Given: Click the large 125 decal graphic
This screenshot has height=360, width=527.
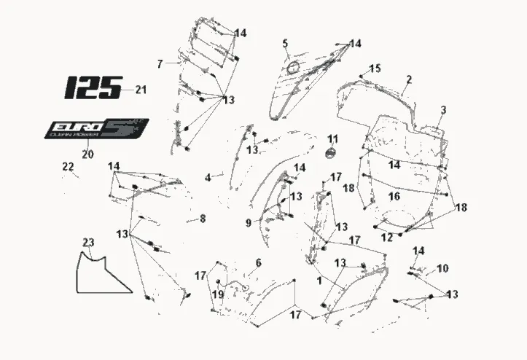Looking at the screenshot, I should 93,87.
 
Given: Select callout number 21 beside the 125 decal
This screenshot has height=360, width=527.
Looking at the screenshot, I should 141,90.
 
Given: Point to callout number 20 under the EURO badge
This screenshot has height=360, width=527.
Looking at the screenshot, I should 87,154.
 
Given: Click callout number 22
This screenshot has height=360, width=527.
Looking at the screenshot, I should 68,168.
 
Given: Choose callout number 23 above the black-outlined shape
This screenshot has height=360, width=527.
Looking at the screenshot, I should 88,242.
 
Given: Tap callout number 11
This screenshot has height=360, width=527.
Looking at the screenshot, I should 332,139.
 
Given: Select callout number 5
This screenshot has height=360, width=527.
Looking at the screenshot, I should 286,44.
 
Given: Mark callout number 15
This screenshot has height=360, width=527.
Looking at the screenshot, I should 375,69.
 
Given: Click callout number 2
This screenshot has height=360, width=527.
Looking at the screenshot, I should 409,79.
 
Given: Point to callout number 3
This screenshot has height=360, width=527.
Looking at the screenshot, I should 443,110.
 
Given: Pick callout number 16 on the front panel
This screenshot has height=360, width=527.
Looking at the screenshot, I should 394,196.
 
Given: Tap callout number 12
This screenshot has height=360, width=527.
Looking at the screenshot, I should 386,237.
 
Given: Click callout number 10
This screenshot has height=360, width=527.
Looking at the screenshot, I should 442,268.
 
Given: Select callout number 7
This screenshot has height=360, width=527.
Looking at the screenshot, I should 160,63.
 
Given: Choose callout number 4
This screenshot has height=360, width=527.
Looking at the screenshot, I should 208,177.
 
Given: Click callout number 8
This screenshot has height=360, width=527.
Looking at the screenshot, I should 203,217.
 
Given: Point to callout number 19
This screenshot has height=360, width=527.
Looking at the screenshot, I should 217,294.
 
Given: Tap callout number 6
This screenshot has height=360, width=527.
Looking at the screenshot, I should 257,262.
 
